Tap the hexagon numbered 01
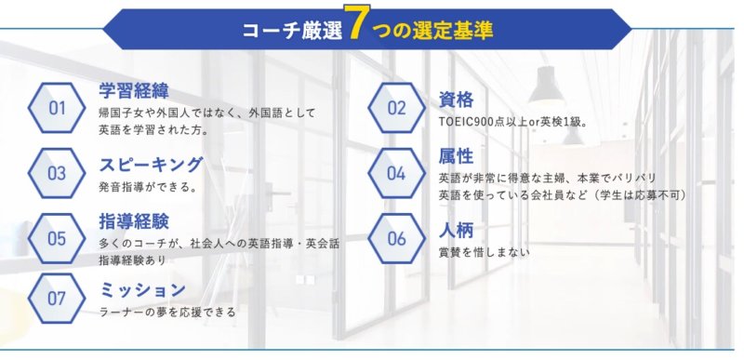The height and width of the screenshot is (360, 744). click(x=58, y=108)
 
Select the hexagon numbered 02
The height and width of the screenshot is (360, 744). click(x=397, y=108)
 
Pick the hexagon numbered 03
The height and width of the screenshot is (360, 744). click(x=58, y=173)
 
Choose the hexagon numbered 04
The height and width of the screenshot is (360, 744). click(x=397, y=173)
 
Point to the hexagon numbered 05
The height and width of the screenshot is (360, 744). click(x=58, y=238)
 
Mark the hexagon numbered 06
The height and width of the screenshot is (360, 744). click(x=397, y=238)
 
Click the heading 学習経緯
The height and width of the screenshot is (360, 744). click(x=134, y=91)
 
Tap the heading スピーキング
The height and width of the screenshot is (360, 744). click(x=151, y=165)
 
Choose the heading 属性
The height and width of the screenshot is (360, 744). click(x=457, y=156)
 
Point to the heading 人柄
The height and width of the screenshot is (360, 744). click(x=457, y=230)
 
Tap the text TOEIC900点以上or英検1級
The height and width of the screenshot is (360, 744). click(x=512, y=122)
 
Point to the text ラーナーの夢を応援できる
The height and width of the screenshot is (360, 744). click(x=167, y=312)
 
